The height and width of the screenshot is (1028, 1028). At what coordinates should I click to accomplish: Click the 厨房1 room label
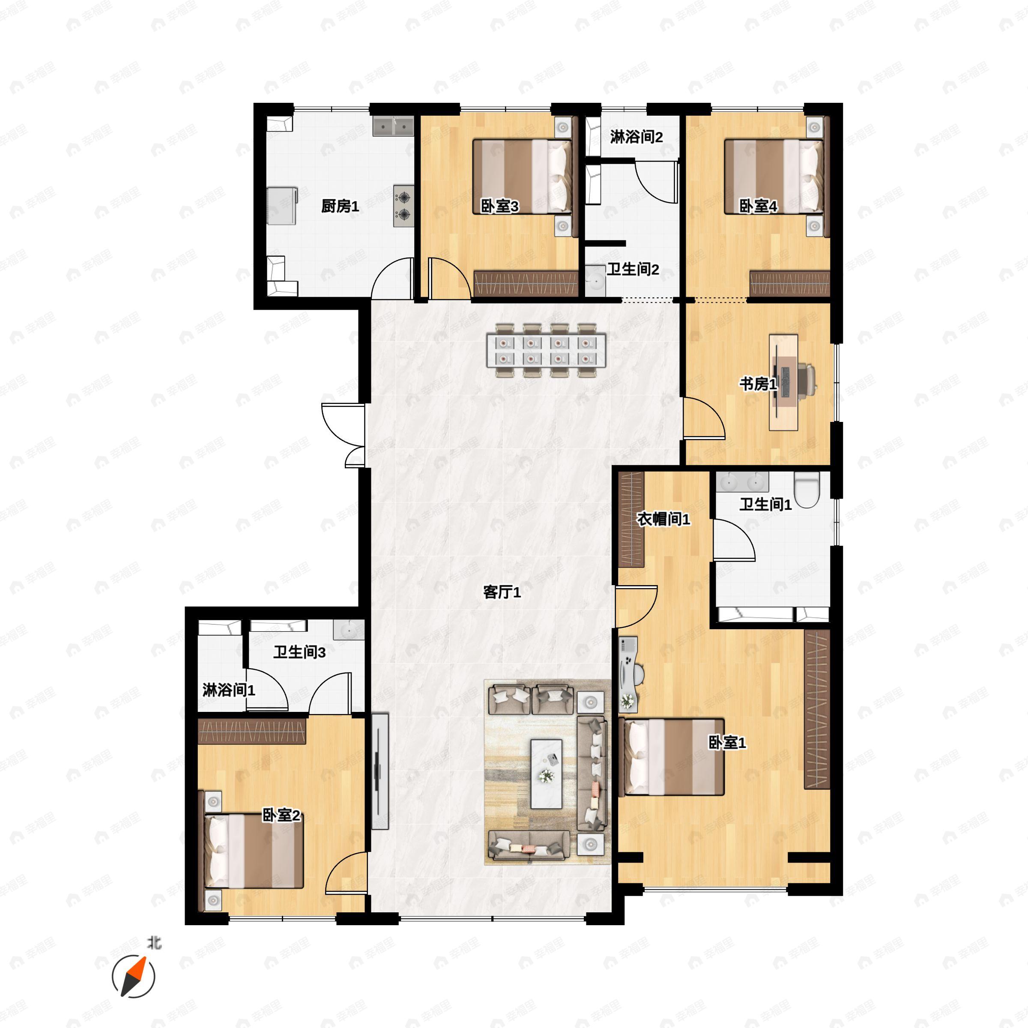point(340,206)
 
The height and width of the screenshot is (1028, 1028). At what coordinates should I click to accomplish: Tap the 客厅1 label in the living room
point(502,592)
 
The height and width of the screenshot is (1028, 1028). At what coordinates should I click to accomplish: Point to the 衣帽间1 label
point(663,519)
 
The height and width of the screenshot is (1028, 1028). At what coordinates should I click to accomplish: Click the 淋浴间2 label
point(637,137)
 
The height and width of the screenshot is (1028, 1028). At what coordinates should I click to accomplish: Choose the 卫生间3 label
point(299,652)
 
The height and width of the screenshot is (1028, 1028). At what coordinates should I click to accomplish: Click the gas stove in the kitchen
point(404,206)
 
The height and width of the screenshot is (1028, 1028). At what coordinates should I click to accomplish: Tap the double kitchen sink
point(393,127)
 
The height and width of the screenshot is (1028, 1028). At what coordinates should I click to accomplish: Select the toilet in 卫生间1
point(807,490)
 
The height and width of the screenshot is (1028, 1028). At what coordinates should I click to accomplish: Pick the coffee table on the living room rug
point(547,774)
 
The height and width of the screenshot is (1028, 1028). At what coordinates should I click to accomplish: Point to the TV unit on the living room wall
point(380,771)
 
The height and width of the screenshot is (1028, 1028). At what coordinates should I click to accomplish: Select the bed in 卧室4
point(774,176)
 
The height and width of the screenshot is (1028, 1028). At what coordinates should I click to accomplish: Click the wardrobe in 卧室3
point(526,284)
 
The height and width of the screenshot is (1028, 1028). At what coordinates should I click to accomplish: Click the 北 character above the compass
point(154,943)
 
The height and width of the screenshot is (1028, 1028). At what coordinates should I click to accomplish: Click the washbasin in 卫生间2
point(595,281)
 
